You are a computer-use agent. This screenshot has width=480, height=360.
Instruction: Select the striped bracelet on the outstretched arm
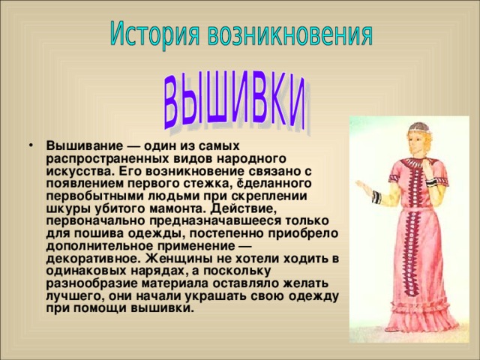click(377, 196)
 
